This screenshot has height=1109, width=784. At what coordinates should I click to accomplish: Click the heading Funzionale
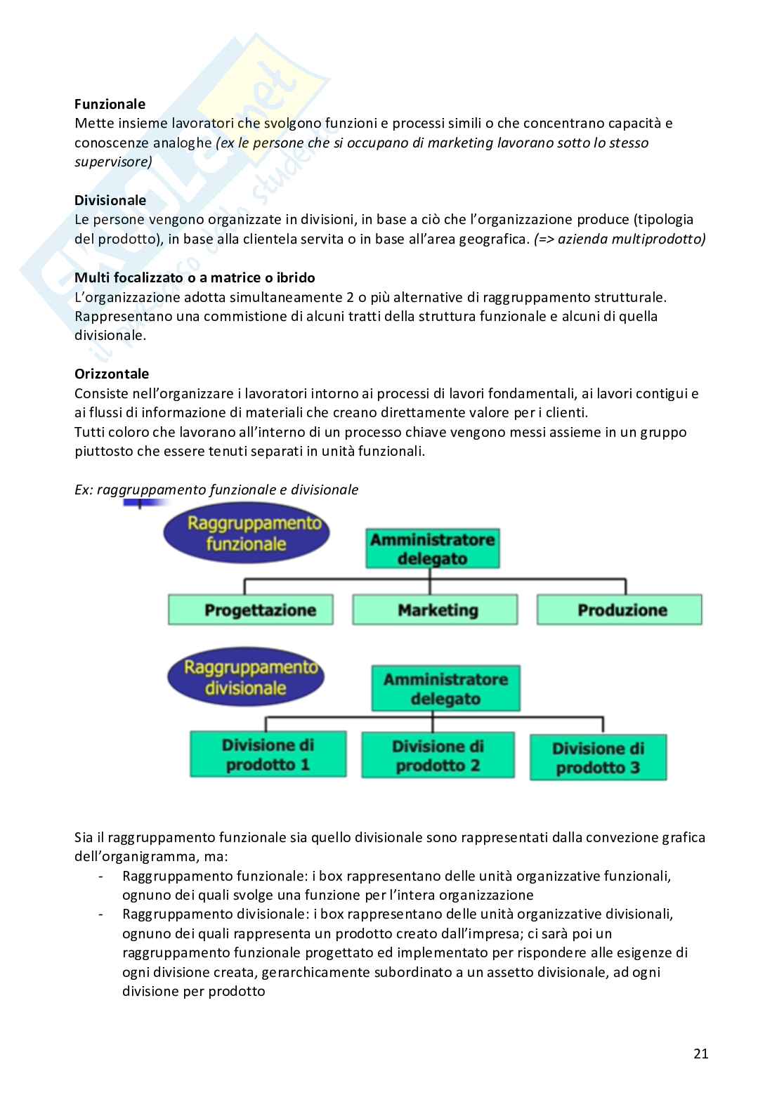[110, 104]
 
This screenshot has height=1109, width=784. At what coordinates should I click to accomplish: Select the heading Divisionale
[110, 200]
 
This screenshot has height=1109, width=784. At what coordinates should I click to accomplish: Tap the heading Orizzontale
[112, 374]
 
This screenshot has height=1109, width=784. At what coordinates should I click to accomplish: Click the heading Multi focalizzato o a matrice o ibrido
[195, 277]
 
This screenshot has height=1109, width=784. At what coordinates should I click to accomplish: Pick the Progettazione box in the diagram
[250, 610]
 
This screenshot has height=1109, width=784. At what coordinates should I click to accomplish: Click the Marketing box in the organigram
[435, 610]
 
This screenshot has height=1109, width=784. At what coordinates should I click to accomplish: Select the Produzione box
[620, 610]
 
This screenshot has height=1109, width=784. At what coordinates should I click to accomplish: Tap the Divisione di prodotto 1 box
[268, 754]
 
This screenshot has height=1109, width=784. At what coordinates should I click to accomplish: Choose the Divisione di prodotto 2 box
[438, 755]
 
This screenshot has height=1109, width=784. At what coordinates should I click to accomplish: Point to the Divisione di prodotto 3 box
[598, 758]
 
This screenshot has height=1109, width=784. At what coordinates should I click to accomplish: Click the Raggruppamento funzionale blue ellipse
[246, 534]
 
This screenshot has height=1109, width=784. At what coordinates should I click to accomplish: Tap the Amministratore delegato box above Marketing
[432, 549]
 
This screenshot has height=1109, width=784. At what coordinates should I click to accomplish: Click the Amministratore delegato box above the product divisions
[445, 689]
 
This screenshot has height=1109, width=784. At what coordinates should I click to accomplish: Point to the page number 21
[700, 1053]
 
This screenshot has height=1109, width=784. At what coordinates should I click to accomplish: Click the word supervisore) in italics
[113, 162]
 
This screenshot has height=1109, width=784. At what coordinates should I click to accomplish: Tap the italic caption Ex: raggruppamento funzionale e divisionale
[216, 490]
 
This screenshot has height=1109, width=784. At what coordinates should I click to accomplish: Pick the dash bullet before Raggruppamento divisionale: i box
[103, 914]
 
